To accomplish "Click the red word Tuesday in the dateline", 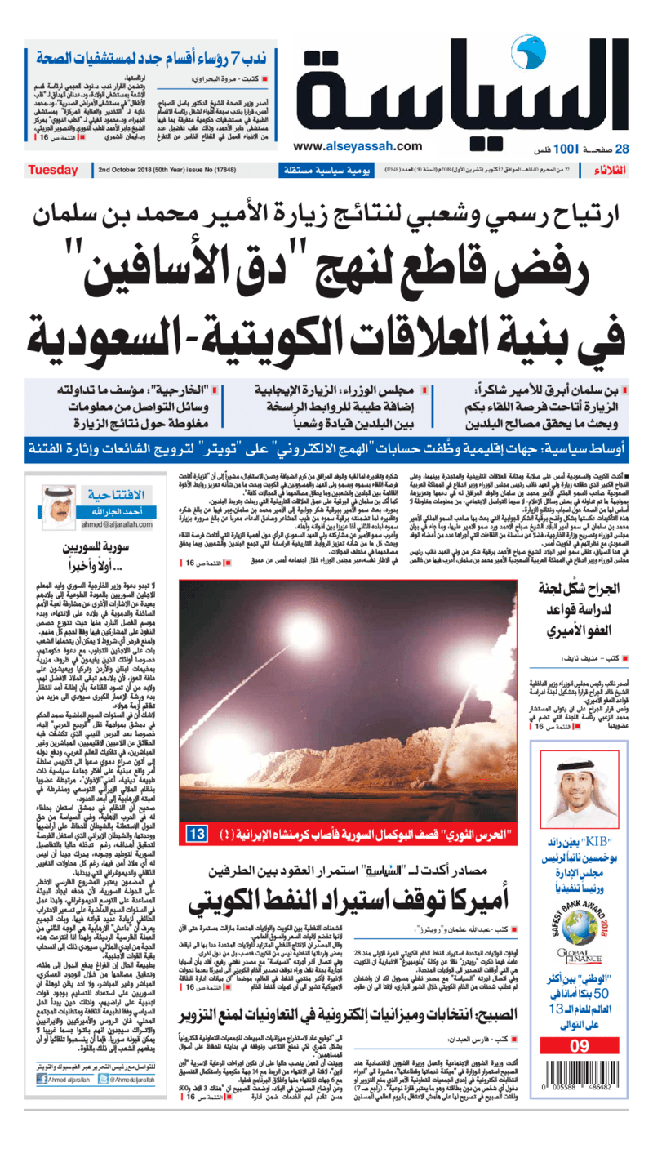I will click(x=53, y=171).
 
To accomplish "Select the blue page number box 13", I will click(x=198, y=835).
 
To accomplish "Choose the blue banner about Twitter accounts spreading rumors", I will click(x=326, y=449).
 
